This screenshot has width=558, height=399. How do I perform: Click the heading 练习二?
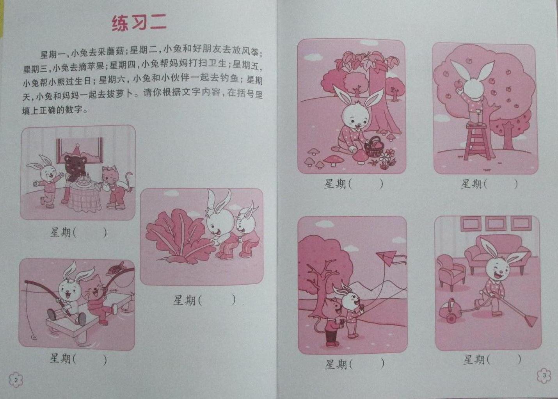[139, 23]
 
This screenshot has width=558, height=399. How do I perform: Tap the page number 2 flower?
[16, 380]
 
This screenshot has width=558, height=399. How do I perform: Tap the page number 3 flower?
[544, 375]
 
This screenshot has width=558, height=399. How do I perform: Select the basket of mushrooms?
[373, 148]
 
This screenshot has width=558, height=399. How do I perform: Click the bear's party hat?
[78, 150]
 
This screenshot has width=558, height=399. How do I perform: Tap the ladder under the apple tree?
[477, 142]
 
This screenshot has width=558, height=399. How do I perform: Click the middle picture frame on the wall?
[496, 224]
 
